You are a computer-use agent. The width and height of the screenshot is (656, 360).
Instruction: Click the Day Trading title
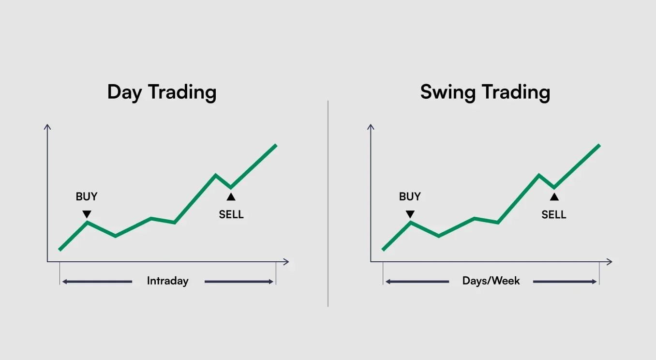(162, 92)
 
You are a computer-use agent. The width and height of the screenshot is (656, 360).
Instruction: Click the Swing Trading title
(485, 92)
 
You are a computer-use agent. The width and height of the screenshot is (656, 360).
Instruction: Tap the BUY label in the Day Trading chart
(87, 196)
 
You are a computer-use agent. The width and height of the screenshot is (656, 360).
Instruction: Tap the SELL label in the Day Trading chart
(231, 215)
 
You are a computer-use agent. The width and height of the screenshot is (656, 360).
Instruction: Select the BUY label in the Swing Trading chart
(410, 196)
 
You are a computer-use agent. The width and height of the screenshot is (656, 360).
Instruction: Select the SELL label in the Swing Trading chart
(554, 215)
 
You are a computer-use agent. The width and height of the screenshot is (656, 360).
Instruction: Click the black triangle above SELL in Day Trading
(231, 197)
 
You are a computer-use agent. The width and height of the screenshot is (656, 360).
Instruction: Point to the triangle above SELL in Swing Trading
(554, 197)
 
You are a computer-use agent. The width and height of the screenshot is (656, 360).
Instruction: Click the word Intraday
(167, 281)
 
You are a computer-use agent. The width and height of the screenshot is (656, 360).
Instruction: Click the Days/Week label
(491, 281)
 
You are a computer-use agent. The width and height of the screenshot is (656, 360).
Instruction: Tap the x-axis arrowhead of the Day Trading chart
(286, 262)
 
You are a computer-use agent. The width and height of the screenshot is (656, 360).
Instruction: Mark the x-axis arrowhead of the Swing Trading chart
(610, 262)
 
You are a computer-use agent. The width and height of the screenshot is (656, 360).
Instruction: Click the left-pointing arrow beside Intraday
(97, 282)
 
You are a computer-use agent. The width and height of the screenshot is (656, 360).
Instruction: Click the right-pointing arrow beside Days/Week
(565, 282)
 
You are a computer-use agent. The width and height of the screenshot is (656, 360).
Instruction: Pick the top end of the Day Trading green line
(276, 145)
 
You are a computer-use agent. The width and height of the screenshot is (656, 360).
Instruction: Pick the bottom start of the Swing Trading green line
(383, 250)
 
